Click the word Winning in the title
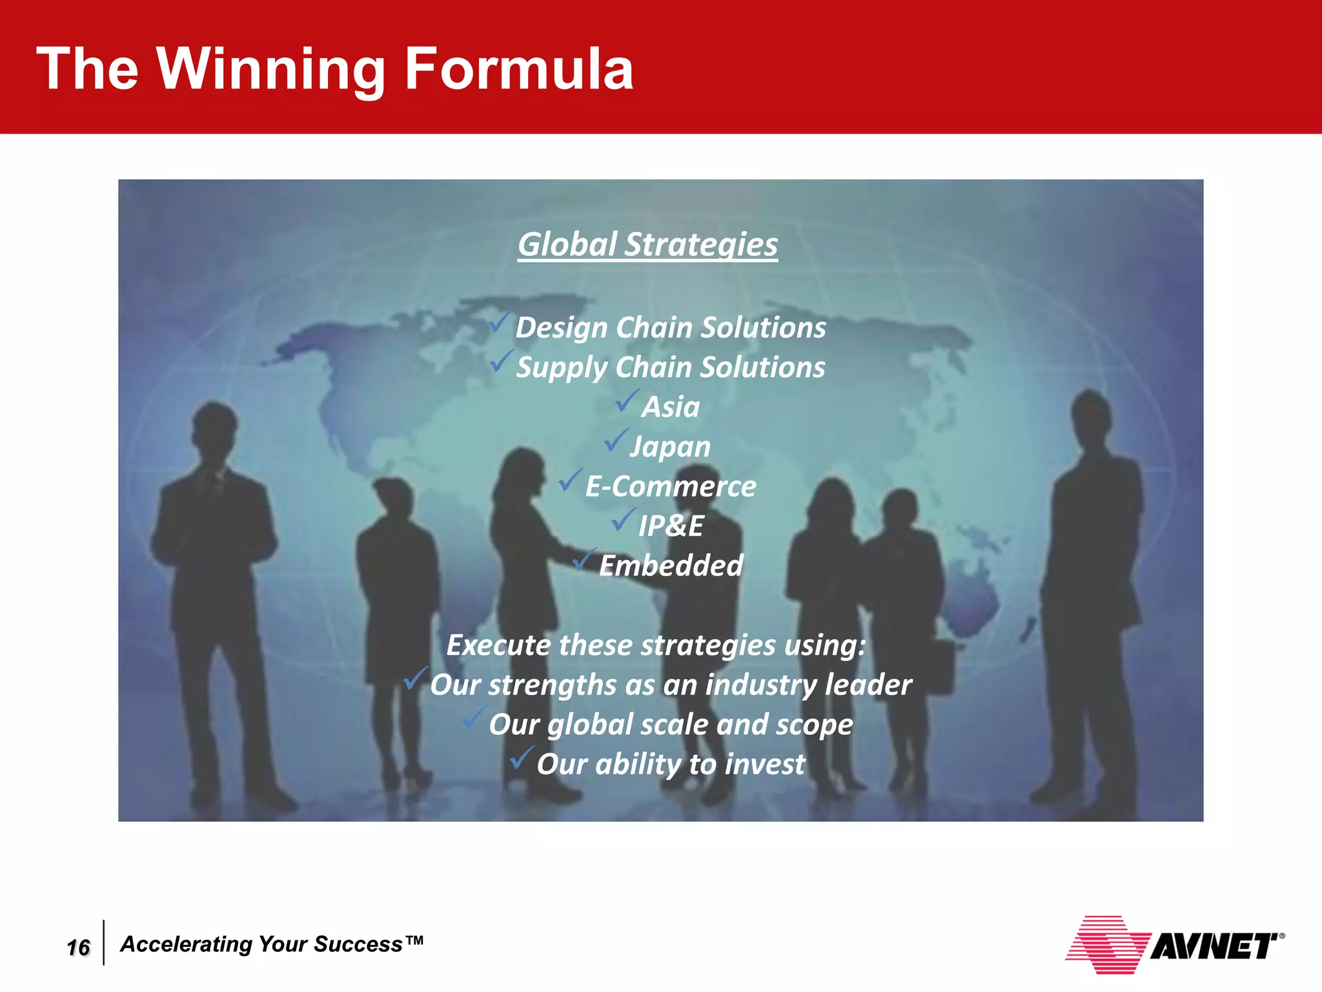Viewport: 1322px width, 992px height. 271,70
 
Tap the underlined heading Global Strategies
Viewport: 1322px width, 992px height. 647,245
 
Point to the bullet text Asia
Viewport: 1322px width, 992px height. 671,407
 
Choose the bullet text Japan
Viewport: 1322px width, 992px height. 670,447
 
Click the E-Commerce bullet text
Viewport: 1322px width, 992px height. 670,486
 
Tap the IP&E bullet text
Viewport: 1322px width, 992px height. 671,526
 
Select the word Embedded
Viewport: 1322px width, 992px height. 671,566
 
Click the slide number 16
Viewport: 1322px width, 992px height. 78,947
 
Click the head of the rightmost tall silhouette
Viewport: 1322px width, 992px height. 1090,413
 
